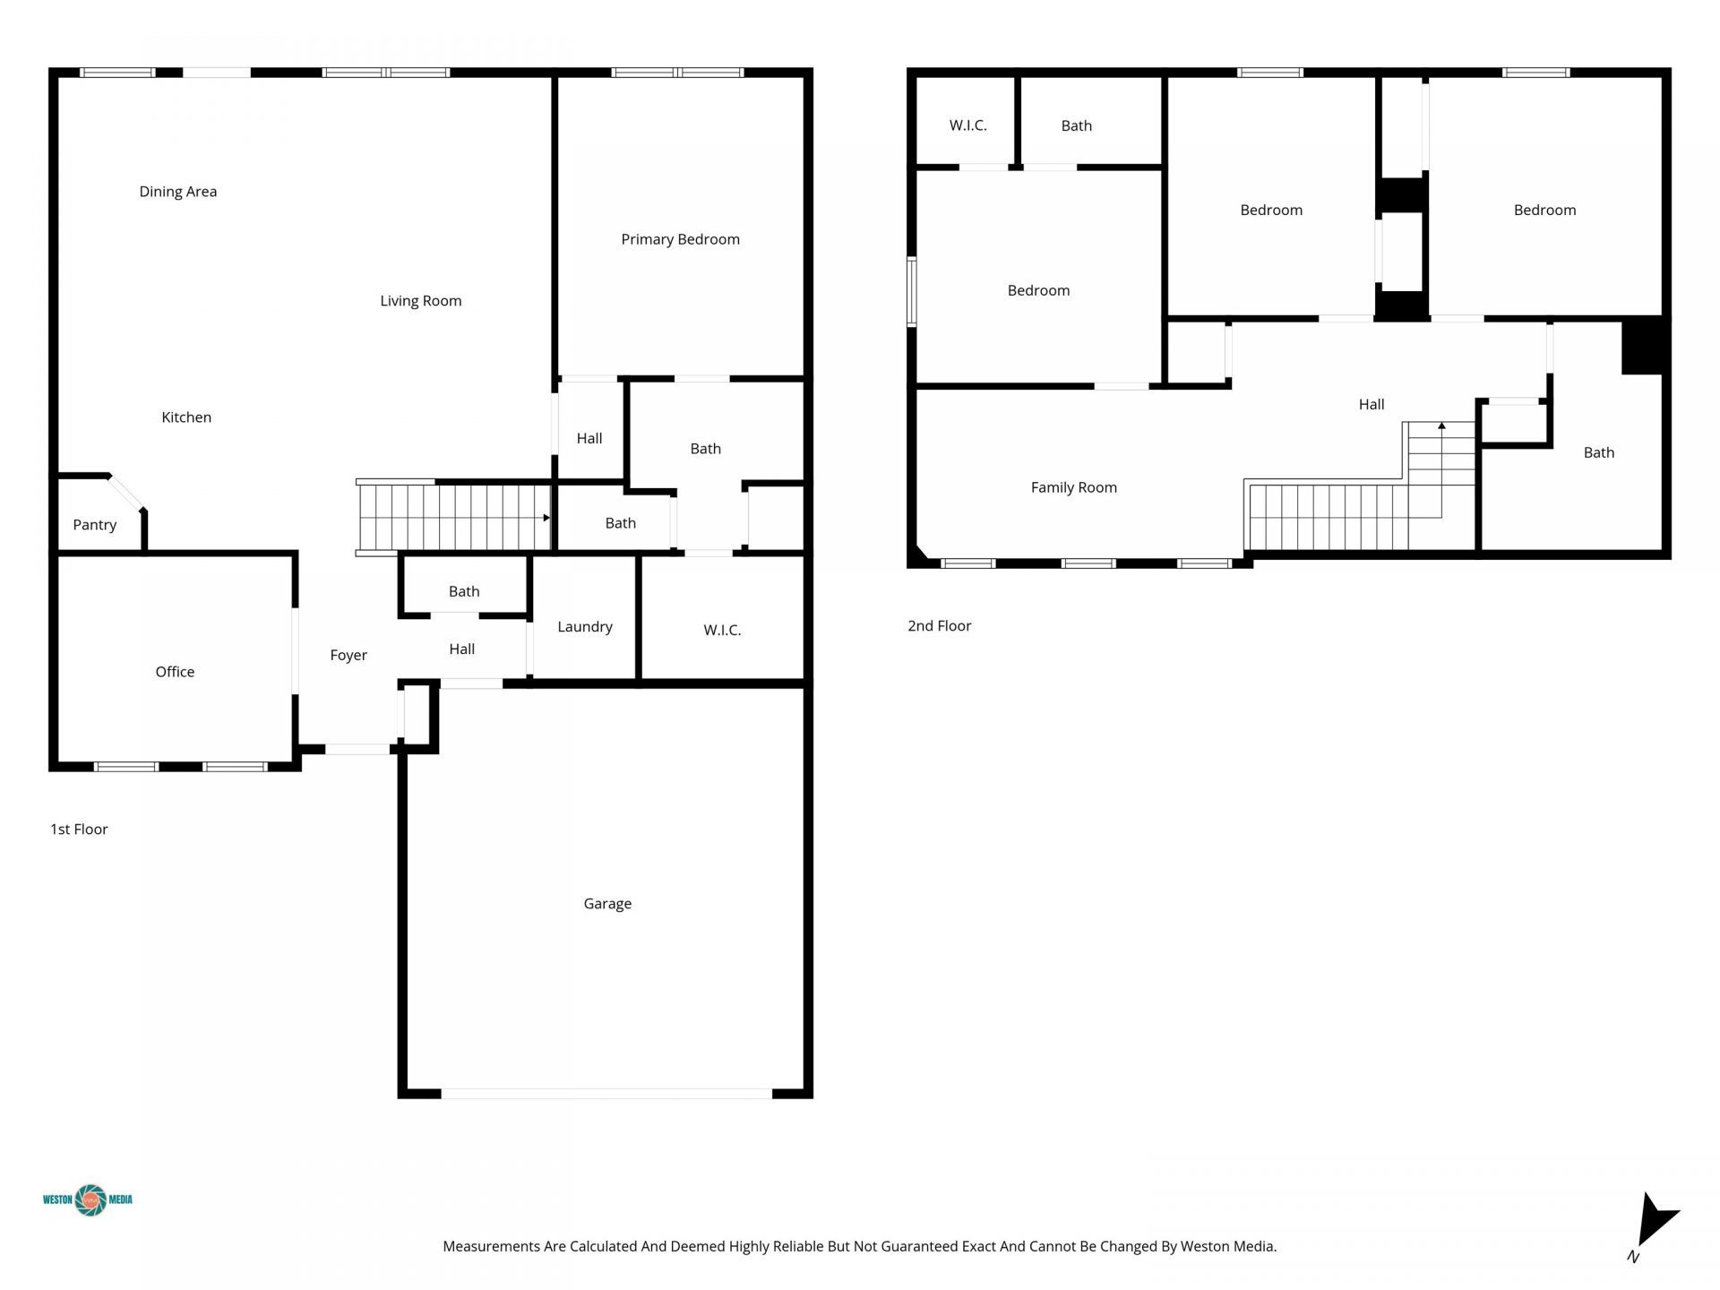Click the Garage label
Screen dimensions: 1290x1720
(607, 904)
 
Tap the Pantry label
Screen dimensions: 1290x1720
(94, 525)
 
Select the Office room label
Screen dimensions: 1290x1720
(175, 672)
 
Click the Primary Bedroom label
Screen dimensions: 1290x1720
(680, 239)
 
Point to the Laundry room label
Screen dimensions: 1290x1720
(584, 627)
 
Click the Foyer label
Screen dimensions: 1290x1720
(348, 656)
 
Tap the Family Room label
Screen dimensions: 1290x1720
(1073, 487)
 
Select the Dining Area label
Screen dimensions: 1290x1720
(177, 192)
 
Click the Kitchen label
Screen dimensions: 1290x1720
(186, 417)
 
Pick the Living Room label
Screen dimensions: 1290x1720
(420, 301)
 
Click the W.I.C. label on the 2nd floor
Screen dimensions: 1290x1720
(967, 125)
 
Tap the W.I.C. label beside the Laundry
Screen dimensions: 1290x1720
(722, 631)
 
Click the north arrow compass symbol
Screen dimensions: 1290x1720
(1653, 1223)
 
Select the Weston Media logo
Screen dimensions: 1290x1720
(89, 1200)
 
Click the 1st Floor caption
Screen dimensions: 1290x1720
(79, 830)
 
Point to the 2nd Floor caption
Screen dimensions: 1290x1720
(939, 626)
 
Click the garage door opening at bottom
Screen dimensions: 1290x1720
(606, 1093)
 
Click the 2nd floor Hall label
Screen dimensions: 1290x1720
(1371, 405)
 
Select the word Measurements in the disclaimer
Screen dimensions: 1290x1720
(491, 1246)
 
